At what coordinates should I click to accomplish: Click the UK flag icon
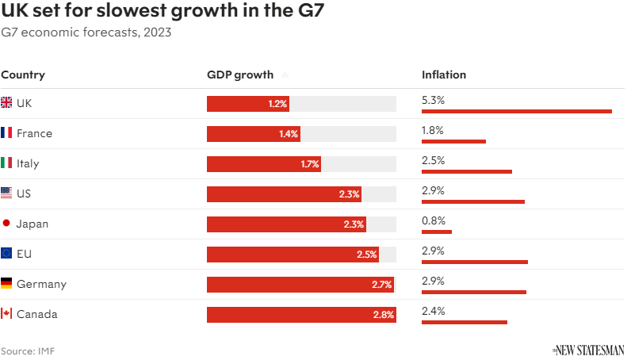6,103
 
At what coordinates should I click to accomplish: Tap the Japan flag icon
6,224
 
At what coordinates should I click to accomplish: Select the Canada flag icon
6,314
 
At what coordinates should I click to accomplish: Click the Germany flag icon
6,284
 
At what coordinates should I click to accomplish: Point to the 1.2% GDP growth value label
277,104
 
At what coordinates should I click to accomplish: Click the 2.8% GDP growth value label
384,315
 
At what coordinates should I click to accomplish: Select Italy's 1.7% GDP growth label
309,164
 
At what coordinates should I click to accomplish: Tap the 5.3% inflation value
434,100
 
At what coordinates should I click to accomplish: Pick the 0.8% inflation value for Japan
434,220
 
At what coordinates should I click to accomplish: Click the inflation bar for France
453,141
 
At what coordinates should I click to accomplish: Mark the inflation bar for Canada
465,322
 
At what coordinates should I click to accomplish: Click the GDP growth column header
240,75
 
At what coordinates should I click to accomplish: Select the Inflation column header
444,75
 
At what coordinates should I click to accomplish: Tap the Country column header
23,75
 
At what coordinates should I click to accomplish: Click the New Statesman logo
588,350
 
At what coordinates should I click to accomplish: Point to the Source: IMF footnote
28,350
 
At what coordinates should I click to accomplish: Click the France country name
34,133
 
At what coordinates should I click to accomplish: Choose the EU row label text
24,254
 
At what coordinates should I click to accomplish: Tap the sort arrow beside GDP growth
285,75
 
